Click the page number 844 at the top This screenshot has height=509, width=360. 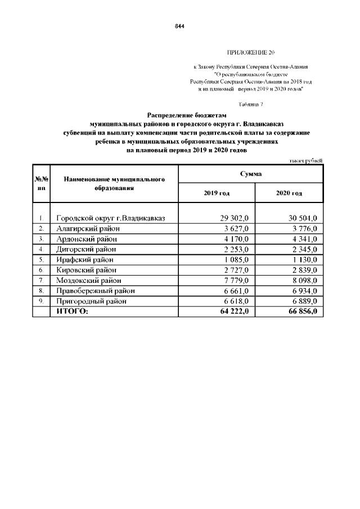(179, 26)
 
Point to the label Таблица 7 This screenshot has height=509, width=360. (250, 105)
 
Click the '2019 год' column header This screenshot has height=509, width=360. (217, 193)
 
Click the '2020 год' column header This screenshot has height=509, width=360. (289, 193)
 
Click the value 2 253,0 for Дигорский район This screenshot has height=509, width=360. (240, 249)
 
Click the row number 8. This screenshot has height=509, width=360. (41, 291)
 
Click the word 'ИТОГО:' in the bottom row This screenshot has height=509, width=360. (73, 312)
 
